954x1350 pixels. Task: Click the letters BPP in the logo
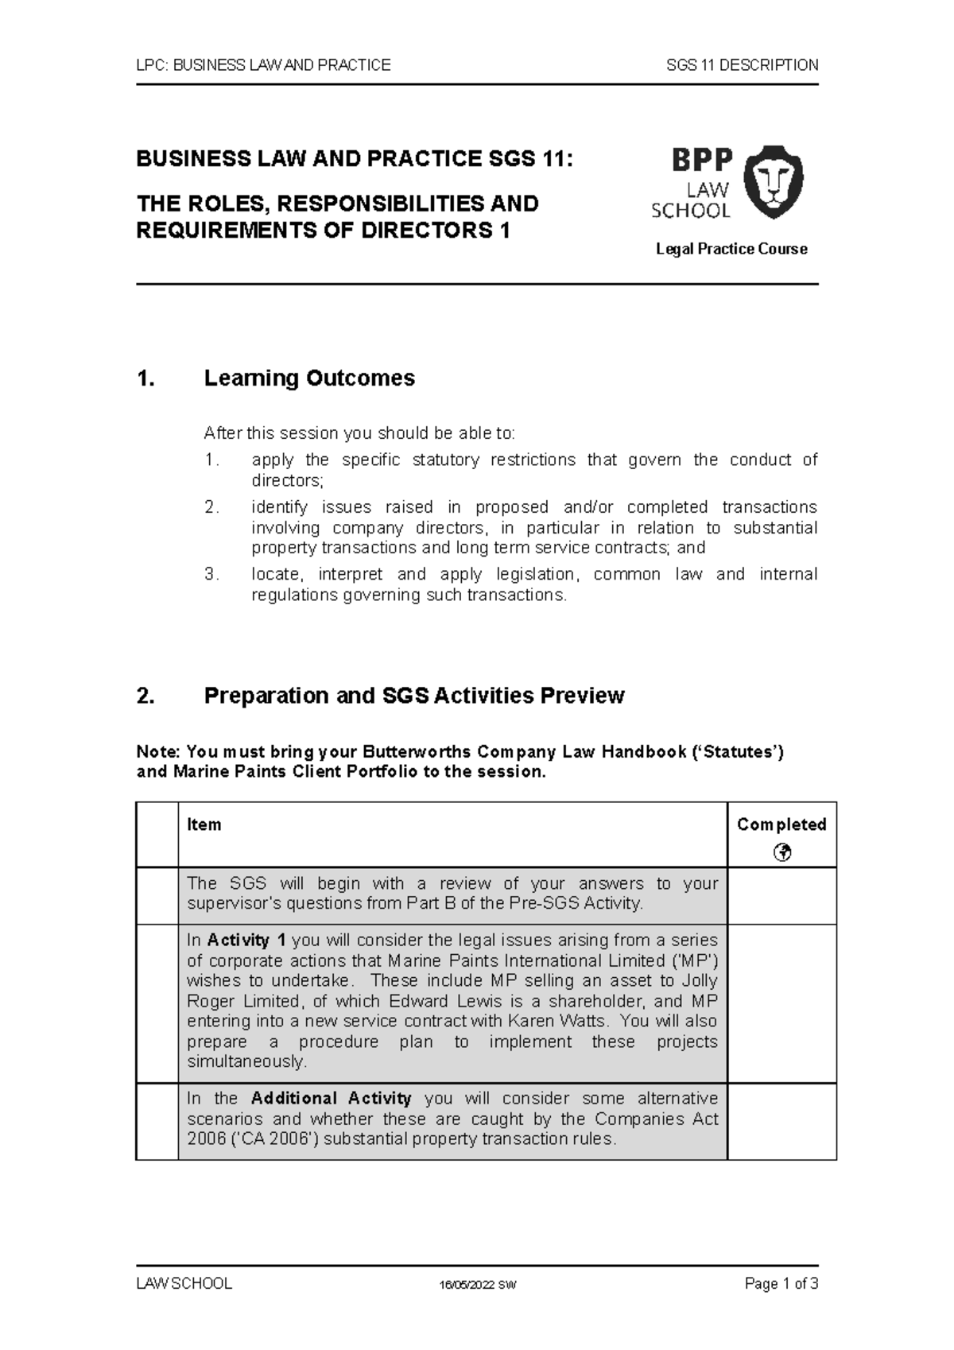click(x=702, y=161)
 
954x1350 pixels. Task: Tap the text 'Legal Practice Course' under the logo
click(x=731, y=249)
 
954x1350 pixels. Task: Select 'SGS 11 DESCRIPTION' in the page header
click(x=742, y=65)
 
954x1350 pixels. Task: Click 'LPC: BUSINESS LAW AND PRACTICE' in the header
click(x=264, y=65)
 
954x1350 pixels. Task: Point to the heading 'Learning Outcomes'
click(x=309, y=378)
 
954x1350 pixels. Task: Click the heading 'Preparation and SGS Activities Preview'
click(x=413, y=696)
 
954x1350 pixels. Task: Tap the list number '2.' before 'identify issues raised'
click(x=211, y=507)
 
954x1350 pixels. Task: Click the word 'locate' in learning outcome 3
click(x=274, y=574)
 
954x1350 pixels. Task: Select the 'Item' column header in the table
click(x=204, y=824)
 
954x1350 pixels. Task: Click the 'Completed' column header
click(x=781, y=824)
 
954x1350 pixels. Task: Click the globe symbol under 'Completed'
click(x=781, y=853)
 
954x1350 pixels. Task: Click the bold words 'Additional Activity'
click(x=331, y=1099)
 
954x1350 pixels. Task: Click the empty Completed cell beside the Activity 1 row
click(x=781, y=1003)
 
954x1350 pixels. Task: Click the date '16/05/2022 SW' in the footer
click(x=479, y=1285)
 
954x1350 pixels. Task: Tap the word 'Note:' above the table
click(x=159, y=752)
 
